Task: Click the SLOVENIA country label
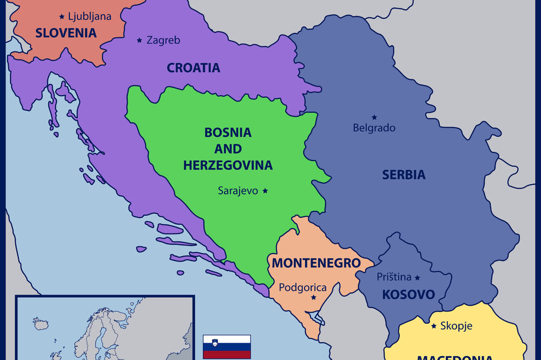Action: coord(66,33)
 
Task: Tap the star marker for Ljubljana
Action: coord(62,17)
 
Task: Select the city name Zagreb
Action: coord(163,40)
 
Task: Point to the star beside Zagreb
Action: coord(140,40)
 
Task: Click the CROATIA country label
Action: coord(193,68)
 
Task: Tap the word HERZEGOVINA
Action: coord(228,165)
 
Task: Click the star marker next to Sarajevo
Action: coord(265,191)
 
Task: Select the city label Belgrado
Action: coord(374,128)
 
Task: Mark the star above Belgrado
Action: coord(374,117)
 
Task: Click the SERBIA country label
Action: coord(404,175)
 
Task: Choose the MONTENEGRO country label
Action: coord(316,263)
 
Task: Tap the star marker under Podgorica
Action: coord(313,298)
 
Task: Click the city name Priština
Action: coord(394,277)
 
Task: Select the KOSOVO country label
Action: coord(408,295)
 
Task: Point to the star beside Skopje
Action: coord(434,326)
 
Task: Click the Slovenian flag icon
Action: coord(227,346)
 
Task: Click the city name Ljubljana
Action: coord(90,17)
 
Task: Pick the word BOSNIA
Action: coord(228,132)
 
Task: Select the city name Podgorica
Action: coord(302,288)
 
